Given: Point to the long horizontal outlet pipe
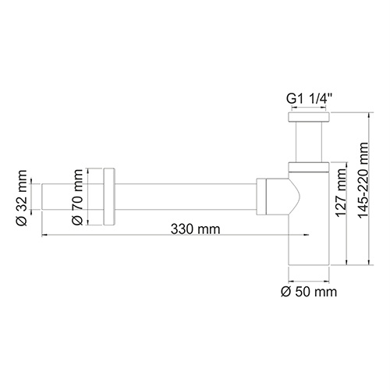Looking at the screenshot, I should pyautogui.click(x=187, y=196).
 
